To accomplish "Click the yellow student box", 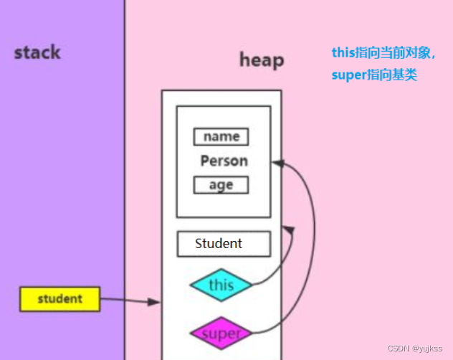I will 59,299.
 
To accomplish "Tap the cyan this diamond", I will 221,285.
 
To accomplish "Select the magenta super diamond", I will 221,333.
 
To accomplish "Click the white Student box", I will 224,244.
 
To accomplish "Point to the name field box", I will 221,136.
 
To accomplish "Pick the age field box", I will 221,184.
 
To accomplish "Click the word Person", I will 224,161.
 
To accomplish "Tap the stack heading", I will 37,52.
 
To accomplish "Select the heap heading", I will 262,60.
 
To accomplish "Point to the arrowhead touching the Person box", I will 278,164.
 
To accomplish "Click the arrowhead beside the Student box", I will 288,229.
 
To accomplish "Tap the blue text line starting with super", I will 373,74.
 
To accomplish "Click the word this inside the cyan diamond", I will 221,285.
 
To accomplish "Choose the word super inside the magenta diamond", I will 221,334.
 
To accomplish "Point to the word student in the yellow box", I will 59,299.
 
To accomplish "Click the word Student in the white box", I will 219,244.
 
